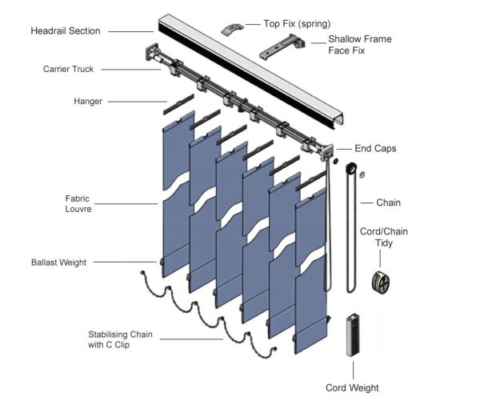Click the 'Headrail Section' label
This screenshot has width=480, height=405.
click(x=66, y=31)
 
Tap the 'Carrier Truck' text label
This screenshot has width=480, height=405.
click(x=68, y=70)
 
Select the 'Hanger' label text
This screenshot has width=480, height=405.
click(x=88, y=102)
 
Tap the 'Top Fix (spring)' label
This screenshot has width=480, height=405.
click(x=297, y=23)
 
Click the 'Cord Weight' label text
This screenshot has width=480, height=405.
click(x=352, y=388)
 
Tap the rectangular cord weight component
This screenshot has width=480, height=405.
click(x=352, y=335)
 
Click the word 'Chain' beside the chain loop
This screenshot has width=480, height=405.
click(x=388, y=202)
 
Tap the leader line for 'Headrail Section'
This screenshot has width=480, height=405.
click(x=131, y=31)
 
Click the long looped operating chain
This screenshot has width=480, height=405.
click(x=346, y=232)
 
